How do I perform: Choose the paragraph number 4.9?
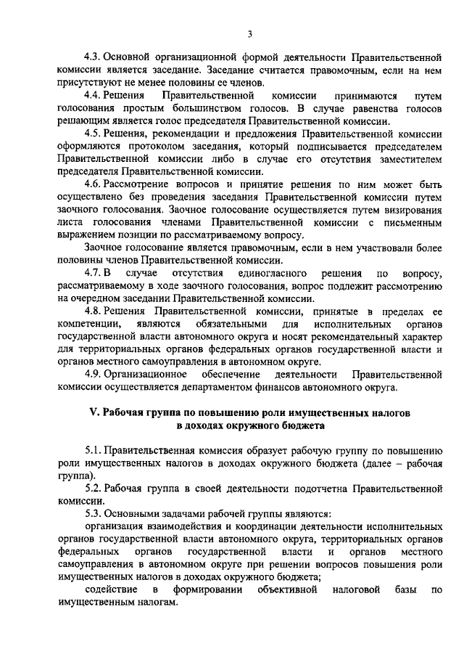click(93, 374)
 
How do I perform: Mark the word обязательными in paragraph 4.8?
click(236, 323)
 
